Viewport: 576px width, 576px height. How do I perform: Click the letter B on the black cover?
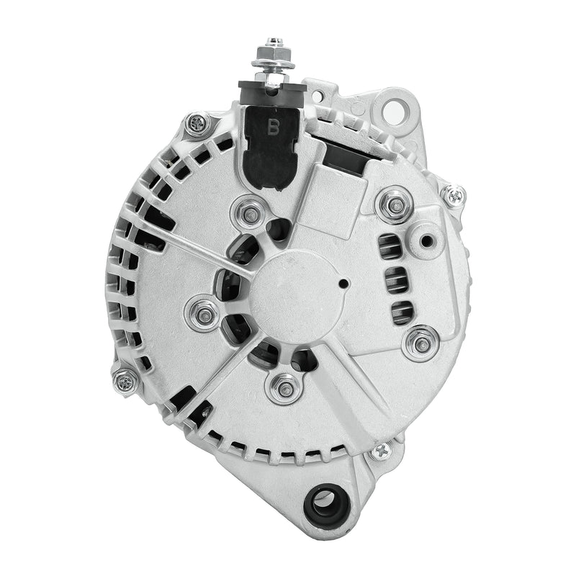point(274,128)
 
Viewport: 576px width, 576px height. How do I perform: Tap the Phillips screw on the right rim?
point(453,194)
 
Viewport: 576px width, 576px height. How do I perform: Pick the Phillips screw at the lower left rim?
point(125,379)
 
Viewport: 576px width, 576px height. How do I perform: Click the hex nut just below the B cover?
point(250,213)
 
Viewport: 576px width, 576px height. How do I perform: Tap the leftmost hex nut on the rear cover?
point(204,315)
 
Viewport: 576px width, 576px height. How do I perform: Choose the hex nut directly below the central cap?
point(284,390)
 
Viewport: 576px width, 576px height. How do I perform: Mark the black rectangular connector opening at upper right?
point(348,153)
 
